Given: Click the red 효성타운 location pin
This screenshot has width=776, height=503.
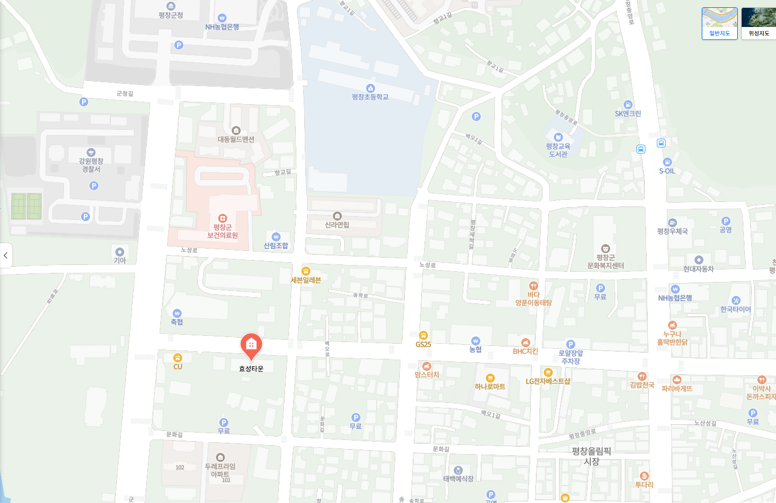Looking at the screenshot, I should click(x=251, y=345).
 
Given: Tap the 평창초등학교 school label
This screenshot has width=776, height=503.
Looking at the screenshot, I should click(x=370, y=97).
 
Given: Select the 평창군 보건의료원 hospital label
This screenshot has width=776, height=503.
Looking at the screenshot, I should click(x=223, y=231).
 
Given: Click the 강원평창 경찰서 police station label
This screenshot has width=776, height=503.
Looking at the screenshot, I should click(x=91, y=165).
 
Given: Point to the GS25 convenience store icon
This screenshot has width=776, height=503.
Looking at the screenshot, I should click(x=423, y=335).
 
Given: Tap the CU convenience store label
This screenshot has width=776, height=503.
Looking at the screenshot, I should click(x=178, y=367).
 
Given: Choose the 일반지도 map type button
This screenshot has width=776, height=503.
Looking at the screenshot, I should click(x=719, y=24).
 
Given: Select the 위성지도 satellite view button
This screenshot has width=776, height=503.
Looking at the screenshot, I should click(x=759, y=24).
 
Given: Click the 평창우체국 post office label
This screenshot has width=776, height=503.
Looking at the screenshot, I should click(x=673, y=231).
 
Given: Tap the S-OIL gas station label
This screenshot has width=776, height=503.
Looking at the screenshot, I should click(x=667, y=171).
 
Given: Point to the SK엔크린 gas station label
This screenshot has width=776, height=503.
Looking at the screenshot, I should click(x=628, y=114).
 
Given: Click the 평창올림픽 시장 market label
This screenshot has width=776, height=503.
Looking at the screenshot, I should click(x=592, y=456).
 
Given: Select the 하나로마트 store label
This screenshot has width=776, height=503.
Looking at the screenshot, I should click(x=490, y=387).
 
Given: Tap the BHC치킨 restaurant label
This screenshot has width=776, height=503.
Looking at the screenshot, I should click(x=525, y=351).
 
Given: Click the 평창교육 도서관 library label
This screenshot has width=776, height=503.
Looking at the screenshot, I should click(x=558, y=150).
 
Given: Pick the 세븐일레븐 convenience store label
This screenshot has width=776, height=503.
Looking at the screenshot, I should click(x=306, y=280).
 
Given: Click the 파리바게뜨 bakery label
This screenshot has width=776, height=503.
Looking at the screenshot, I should click(x=677, y=388).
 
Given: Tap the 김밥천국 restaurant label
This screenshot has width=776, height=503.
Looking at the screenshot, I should click(x=642, y=385).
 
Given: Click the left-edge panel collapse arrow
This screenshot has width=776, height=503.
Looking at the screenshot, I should click(x=6, y=255).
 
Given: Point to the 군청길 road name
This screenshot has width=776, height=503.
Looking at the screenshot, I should click(x=125, y=93).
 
